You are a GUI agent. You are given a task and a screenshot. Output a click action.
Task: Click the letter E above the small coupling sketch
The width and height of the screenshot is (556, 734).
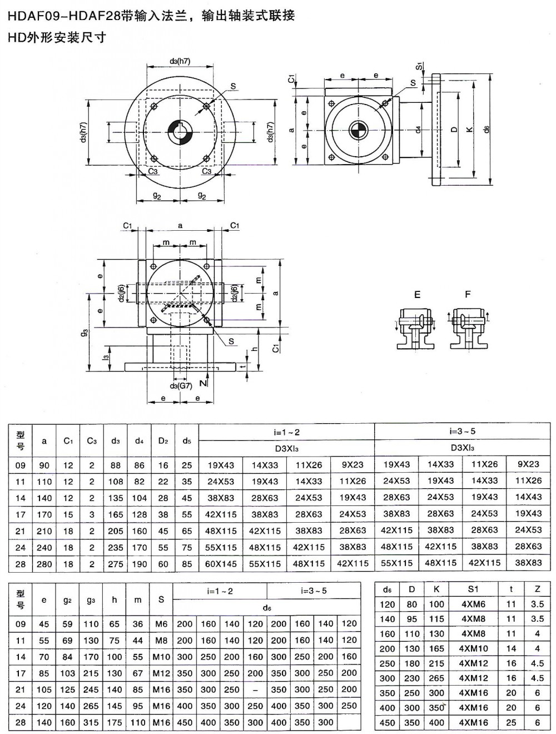(417, 295)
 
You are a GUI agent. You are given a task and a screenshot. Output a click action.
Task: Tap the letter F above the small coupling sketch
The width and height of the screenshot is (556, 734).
(468, 294)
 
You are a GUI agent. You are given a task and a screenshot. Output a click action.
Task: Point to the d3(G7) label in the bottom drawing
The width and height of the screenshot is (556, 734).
(181, 385)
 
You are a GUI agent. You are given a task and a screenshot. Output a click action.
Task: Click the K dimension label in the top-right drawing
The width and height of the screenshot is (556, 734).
(470, 129)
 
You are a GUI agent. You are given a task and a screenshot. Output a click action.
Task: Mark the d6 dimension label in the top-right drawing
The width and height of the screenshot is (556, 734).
(487, 129)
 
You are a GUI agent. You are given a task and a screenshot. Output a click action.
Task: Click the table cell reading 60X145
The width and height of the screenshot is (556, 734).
(221, 563)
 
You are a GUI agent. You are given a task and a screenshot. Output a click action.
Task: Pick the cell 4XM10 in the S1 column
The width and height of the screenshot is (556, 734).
(473, 648)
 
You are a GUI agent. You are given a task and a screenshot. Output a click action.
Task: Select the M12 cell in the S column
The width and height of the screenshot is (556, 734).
(161, 673)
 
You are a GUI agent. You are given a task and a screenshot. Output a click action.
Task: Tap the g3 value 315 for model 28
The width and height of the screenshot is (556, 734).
(91, 722)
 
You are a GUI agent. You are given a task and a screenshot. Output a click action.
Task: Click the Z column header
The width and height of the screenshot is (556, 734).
(537, 589)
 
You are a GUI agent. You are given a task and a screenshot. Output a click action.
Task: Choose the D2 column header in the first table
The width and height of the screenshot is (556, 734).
(163, 441)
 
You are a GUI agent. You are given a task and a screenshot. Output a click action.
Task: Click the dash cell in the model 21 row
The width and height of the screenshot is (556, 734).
(255, 690)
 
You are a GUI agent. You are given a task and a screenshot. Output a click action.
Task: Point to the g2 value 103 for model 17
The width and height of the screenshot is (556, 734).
(67, 673)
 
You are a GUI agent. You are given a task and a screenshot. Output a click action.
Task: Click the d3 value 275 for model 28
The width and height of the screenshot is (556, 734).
(116, 563)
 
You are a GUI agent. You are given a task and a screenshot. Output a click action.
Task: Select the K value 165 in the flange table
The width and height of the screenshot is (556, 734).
(436, 648)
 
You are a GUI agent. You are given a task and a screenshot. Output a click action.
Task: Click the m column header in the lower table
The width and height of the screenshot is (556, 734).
(138, 599)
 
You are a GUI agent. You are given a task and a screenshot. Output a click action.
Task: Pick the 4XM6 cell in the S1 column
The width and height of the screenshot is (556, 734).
(473, 604)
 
